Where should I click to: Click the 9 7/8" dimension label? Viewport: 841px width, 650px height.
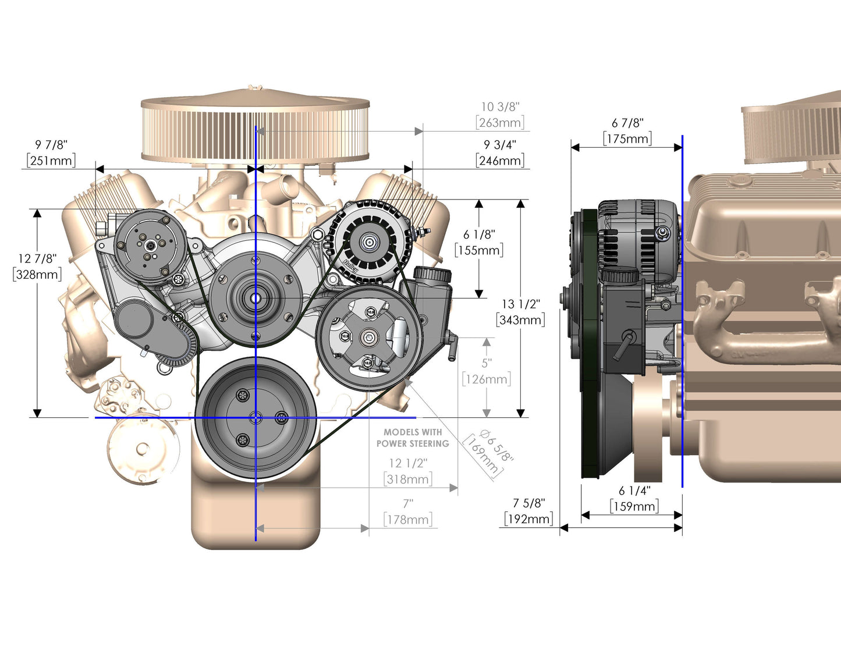pos(51,145)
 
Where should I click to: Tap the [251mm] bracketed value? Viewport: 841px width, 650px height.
pos(51,161)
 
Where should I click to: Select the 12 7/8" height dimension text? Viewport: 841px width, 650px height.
pos(37,258)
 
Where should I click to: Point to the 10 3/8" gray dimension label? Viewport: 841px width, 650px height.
pos(500,107)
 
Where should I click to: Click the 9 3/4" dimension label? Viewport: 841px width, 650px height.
pos(500,145)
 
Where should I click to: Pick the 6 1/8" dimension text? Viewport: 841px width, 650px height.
pos(479,235)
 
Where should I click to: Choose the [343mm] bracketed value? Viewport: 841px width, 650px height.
pos(520,320)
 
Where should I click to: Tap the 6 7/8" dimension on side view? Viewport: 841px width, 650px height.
pos(627,123)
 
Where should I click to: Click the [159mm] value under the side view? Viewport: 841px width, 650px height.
pos(634,506)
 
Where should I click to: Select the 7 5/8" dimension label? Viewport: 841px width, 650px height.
pos(528,503)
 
